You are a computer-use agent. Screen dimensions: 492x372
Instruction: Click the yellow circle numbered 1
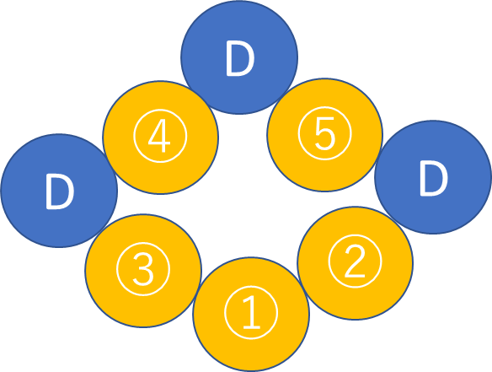coord(251,314)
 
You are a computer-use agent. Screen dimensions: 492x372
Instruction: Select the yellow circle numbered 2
coord(356,263)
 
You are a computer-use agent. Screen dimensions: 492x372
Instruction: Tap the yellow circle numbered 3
coord(143,271)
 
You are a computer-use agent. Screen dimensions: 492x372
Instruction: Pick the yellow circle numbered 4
coord(160,137)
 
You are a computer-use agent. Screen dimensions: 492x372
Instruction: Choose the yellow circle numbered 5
coord(324,135)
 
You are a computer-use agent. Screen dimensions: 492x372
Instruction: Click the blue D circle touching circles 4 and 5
coord(239,57)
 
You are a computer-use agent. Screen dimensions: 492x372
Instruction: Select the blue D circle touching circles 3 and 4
coord(59,191)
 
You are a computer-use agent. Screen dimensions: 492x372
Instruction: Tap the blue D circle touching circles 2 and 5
coord(433,177)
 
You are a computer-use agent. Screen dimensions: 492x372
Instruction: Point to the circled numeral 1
coord(251,313)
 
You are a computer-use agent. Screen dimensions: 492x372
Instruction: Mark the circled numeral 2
coord(356,261)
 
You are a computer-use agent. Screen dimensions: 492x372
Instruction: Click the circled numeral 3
coord(143,269)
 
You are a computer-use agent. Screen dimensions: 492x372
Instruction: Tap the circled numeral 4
coord(160,136)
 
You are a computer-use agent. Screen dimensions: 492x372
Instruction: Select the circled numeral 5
coord(324,133)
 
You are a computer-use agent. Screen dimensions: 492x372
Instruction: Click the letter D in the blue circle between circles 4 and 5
coord(240,58)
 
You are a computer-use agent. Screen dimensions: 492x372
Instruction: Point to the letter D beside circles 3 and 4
coord(60,191)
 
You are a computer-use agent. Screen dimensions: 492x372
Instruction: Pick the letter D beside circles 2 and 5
coord(434,178)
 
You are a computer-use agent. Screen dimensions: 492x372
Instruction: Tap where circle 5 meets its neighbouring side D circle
coord(379,156)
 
